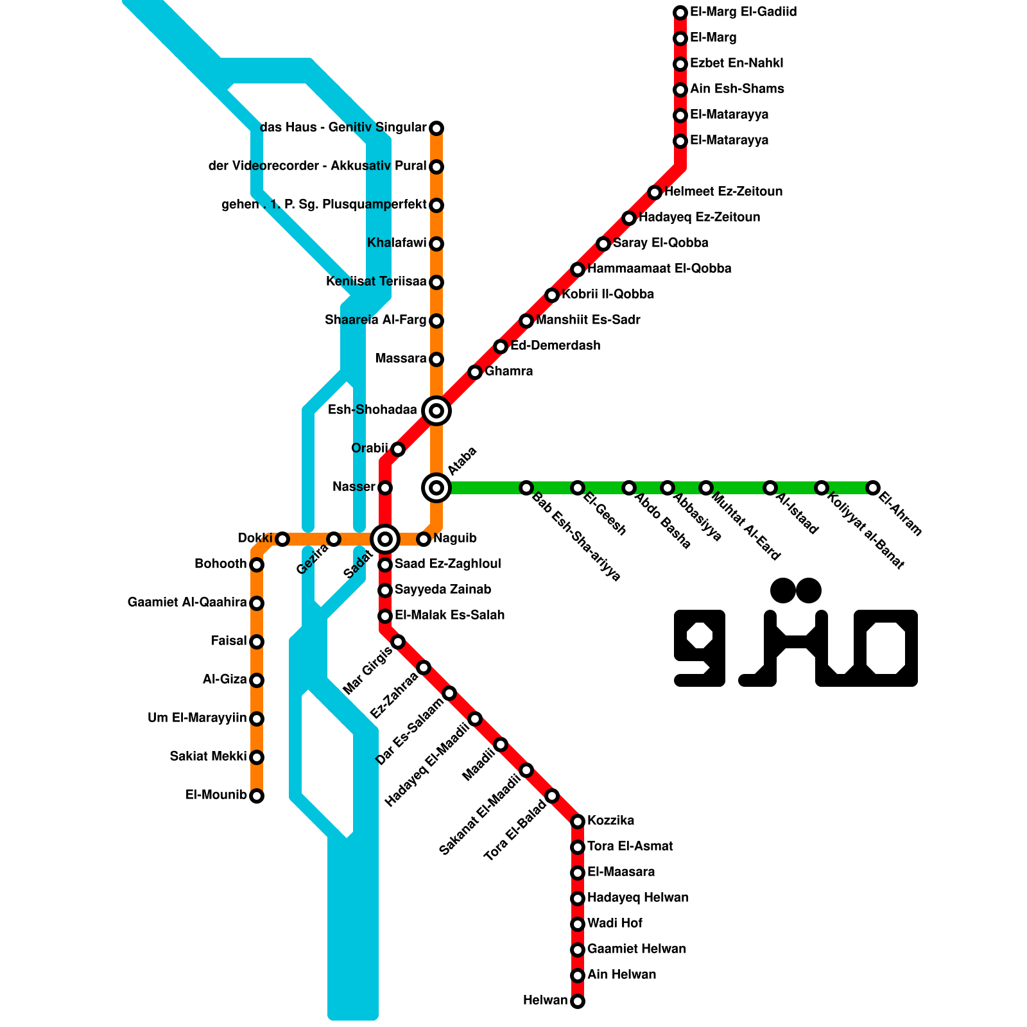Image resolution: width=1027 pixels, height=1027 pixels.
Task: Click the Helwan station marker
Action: click(x=578, y=1001)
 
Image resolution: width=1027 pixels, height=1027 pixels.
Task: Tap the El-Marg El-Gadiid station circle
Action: click(x=680, y=13)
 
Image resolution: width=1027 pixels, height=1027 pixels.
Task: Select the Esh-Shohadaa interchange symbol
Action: click(x=436, y=411)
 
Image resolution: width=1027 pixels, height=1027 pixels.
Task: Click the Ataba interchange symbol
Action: click(x=436, y=488)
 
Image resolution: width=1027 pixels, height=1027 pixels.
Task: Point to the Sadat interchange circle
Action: click(x=385, y=539)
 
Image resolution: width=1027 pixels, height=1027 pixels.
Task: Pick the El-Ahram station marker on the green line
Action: click(x=873, y=488)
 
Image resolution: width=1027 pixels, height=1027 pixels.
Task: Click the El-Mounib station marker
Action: click(x=257, y=796)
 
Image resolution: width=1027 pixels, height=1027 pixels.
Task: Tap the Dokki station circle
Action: click(x=282, y=539)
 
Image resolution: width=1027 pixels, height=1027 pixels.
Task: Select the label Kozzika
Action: click(x=610, y=821)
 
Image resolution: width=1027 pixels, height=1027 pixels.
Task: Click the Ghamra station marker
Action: click(x=475, y=372)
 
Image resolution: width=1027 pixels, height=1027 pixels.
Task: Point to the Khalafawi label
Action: click(x=397, y=243)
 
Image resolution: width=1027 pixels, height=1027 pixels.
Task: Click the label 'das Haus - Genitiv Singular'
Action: click(x=343, y=128)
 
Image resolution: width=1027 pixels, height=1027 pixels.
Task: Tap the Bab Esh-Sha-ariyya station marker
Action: click(x=526, y=488)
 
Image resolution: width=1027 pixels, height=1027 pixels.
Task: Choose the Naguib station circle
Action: click(x=424, y=539)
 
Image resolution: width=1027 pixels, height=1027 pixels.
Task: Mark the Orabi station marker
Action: click(x=398, y=449)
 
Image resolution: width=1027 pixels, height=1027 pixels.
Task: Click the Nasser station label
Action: click(x=354, y=487)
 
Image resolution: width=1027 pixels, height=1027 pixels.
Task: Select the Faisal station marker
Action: click(x=257, y=642)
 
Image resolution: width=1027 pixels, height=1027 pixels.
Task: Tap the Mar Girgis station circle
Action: click(x=398, y=642)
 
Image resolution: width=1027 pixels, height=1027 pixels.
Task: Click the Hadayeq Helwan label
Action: click(x=637, y=898)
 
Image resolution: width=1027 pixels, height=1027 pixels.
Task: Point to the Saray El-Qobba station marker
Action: click(x=603, y=244)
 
